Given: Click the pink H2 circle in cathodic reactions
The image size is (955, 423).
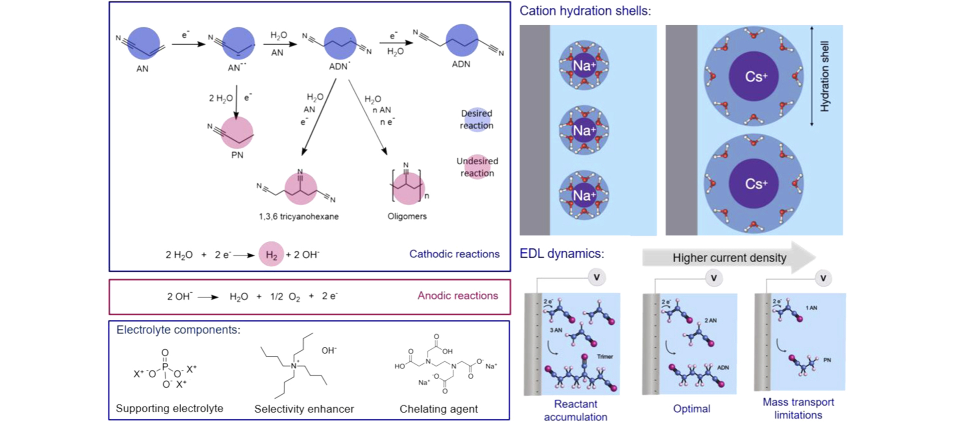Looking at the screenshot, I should pos(271,254).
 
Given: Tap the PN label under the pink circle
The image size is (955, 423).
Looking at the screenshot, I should pos(237,155).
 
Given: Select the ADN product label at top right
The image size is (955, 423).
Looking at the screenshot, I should pos(461,64).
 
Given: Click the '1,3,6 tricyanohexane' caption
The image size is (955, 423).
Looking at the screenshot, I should pos(299,216).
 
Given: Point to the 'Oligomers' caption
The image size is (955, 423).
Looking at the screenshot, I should pos(407,216).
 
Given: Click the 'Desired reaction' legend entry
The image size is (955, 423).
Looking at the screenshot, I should pos(476,119).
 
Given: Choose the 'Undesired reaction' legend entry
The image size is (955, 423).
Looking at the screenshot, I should pos(477,167).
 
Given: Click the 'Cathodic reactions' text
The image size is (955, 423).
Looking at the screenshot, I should pos(454,254).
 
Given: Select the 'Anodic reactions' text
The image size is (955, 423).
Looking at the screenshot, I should pos(457,296).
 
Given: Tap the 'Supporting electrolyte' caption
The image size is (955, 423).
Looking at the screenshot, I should pos(169,409).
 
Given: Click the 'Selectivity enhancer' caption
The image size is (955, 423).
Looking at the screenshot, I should pos(304,409).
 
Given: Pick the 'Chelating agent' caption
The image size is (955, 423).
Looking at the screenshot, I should pos(438,409).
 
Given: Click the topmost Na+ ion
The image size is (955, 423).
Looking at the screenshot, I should pos(584,66).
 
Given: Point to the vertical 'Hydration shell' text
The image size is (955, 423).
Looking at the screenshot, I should pos(825,76).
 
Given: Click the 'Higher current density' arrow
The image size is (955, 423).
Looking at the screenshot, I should pos(729,258).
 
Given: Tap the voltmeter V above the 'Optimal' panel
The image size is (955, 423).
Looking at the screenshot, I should pos(714,278).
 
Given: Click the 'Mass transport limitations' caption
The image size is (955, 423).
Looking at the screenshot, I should pos(798,409).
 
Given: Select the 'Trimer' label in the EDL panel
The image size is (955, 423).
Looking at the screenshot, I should pos(605,357).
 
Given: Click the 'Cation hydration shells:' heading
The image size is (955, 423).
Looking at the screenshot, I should pos(585,11).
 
